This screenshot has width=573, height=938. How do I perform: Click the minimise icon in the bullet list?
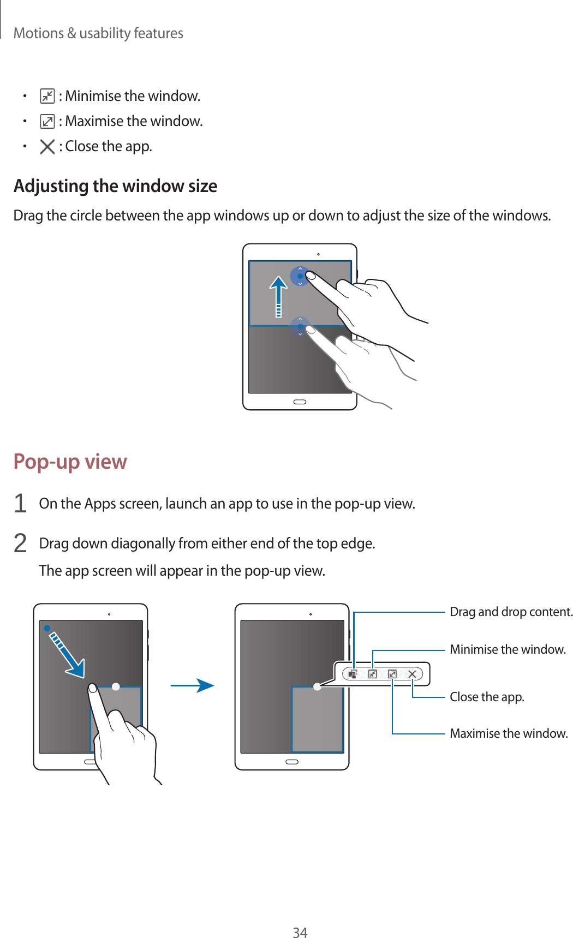[47, 97]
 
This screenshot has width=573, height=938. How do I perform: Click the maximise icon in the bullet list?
[47, 121]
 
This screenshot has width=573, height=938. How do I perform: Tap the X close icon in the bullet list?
[47, 146]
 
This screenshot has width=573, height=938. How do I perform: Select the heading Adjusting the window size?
[115, 186]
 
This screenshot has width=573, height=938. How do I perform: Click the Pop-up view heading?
[70, 462]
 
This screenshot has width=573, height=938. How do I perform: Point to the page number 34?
[300, 933]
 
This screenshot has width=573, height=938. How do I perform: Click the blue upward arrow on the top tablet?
[278, 295]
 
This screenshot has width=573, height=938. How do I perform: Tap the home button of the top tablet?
[300, 402]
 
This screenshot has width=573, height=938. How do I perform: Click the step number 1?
[20, 503]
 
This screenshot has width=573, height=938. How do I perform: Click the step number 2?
[20, 543]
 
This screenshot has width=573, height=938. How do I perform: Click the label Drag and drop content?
[511, 612]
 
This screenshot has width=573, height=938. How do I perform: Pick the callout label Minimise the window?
[508, 649]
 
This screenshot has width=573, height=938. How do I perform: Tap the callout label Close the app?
[487, 697]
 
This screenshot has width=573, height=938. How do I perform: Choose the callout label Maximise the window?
[509, 733]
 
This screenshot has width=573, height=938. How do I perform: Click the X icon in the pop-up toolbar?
[412, 674]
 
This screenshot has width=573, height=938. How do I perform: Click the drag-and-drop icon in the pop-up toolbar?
[353, 674]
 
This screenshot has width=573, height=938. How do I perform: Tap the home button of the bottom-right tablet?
[292, 762]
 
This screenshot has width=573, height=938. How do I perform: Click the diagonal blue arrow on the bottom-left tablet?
[66, 653]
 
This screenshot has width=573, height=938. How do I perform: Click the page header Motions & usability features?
[98, 33]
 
